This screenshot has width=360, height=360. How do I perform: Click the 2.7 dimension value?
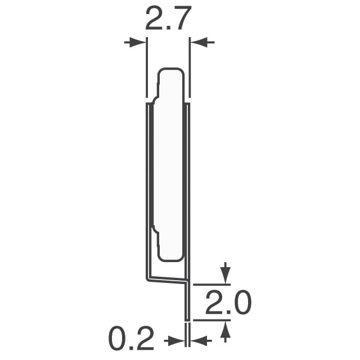pyautogui.click(x=168, y=18)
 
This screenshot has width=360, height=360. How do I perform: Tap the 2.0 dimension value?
pyautogui.click(x=228, y=303)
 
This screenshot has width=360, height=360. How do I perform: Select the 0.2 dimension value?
pyautogui.click(x=131, y=337)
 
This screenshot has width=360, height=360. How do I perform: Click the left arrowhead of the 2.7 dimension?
pyautogui.click(x=137, y=43)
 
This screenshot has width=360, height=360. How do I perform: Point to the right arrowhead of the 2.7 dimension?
pyautogui.click(x=199, y=43)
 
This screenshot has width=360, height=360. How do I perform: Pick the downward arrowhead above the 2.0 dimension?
pyautogui.click(x=226, y=276)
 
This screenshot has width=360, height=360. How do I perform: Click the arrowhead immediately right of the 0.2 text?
pyautogui.click(x=176, y=341)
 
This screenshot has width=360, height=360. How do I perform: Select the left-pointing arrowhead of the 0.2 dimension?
pyautogui.click(x=199, y=341)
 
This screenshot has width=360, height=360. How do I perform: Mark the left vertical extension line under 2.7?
pyautogui.click(x=147, y=67)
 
